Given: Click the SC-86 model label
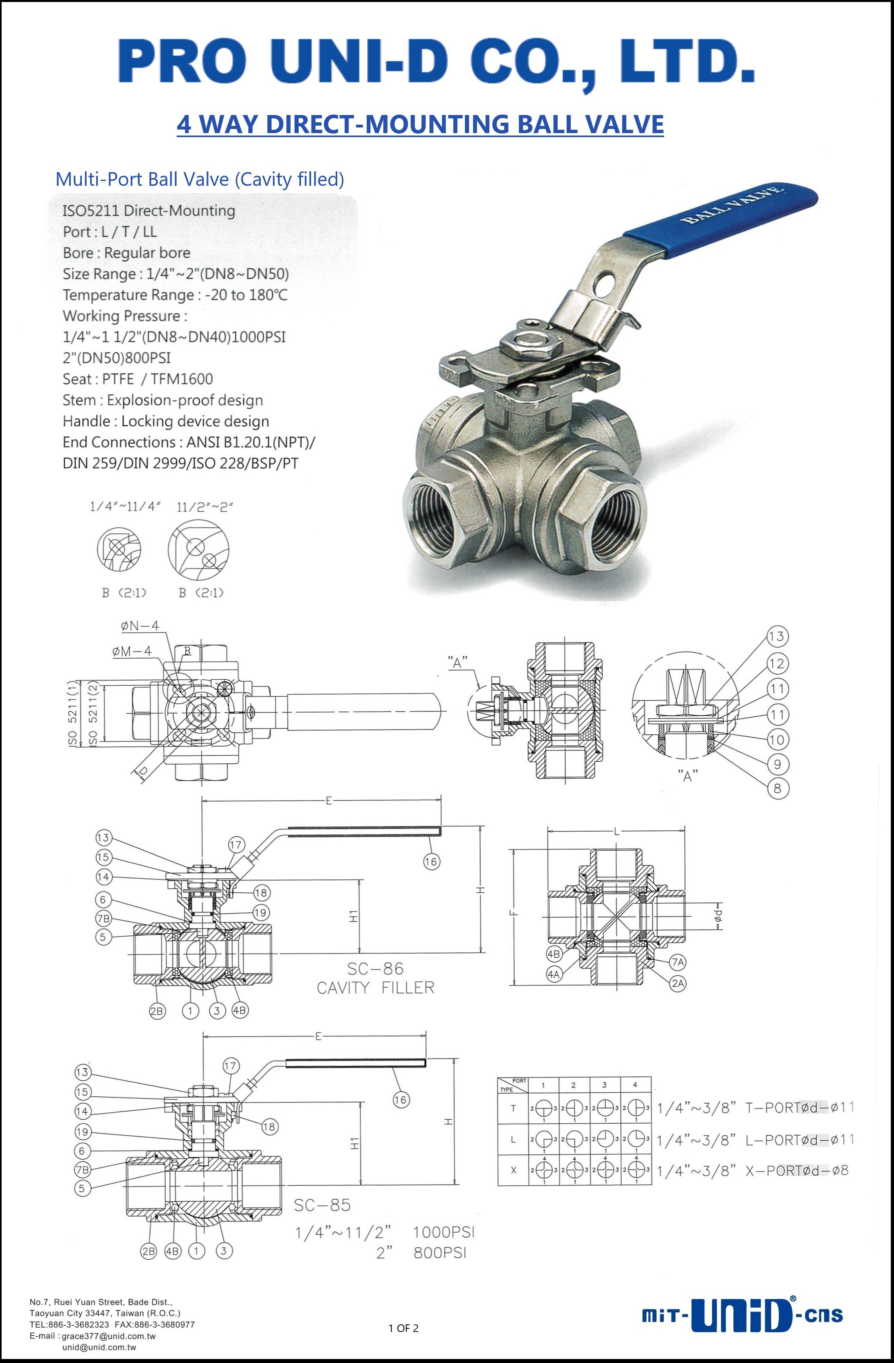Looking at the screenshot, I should pyautogui.click(x=376, y=968).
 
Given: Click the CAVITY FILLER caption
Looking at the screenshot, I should pyautogui.click(x=376, y=988).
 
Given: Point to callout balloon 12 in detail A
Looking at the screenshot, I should pyautogui.click(x=776, y=663).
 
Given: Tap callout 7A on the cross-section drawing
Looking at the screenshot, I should pyautogui.click(x=678, y=962).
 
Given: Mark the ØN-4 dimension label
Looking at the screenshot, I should pyautogui.click(x=140, y=626).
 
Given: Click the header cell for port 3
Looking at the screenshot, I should pyautogui.click(x=604, y=1085).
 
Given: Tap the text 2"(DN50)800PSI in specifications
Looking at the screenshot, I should pyautogui.click(x=116, y=358).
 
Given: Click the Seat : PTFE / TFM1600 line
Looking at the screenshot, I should pyautogui.click(x=138, y=379).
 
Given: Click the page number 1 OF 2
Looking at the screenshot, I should pyautogui.click(x=403, y=1328).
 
